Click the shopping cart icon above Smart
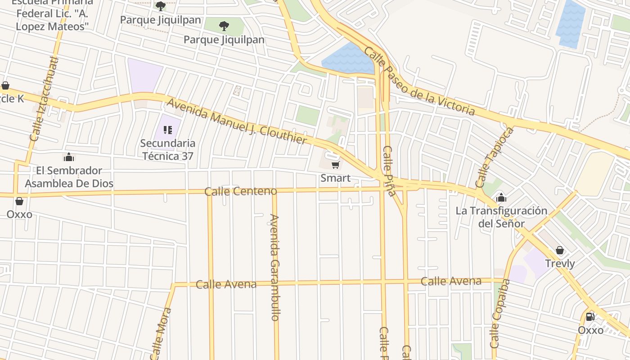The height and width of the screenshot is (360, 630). (x=335, y=165)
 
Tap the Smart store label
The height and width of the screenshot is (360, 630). (x=335, y=178)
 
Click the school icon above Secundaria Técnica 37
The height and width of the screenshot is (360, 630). (x=168, y=130)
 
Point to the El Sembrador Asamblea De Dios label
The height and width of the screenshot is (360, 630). (x=69, y=177)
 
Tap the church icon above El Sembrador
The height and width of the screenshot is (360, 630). (x=68, y=157)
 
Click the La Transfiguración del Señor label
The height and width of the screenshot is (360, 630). (x=501, y=217)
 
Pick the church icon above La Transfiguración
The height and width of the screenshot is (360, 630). (x=501, y=197)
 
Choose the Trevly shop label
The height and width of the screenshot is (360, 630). (x=560, y=264)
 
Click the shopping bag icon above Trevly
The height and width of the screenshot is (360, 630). (x=560, y=250)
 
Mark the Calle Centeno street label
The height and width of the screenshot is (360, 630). (x=240, y=192)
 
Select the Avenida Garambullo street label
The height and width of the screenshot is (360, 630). (x=274, y=267)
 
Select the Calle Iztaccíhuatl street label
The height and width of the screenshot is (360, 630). (x=45, y=99)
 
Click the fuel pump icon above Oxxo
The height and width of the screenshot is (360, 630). (x=590, y=317)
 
